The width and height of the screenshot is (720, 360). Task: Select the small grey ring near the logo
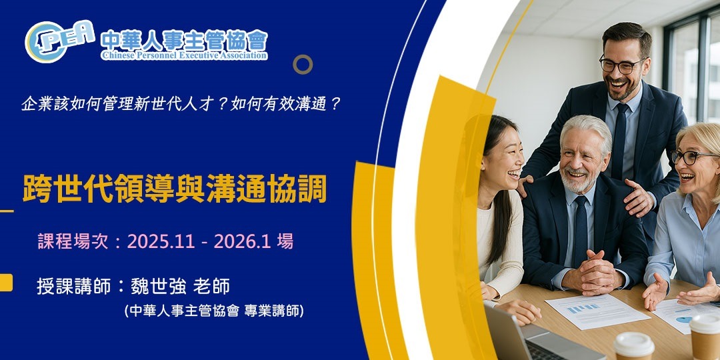tap(303, 64)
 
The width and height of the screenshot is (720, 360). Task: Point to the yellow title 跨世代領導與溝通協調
tap(175, 189)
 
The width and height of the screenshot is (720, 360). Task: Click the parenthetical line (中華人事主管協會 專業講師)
tap(213, 311)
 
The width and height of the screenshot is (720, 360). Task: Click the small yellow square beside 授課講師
tap(5, 283)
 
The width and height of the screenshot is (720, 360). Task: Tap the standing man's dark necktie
tap(620, 140)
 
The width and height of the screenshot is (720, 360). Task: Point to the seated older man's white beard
tap(579, 180)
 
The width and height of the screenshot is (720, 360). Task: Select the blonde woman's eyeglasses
tap(693, 157)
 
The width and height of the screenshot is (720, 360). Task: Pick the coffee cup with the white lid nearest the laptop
tap(633, 345)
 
